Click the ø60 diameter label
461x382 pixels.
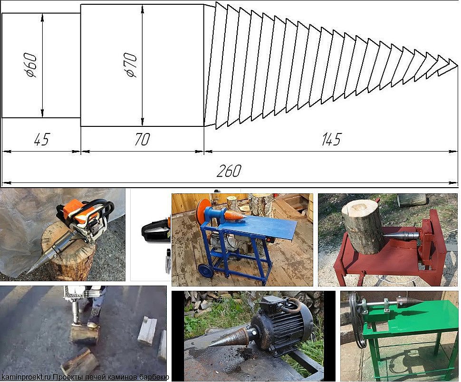click(x=31, y=65)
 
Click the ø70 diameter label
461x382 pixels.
click(x=131, y=65)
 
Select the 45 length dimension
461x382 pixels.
click(x=42, y=140)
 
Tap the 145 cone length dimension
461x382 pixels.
click(x=331, y=140)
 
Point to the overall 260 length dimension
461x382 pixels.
click(x=229, y=171)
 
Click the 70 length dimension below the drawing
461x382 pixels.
click(x=142, y=140)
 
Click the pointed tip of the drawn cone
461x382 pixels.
click(x=458, y=65)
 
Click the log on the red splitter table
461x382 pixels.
click(x=361, y=227)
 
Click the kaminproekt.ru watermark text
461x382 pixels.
click(x=26, y=377)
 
